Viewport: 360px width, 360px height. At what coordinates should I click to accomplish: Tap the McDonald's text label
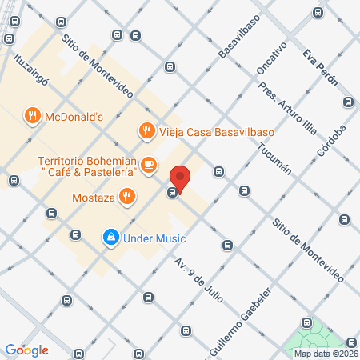[74, 116]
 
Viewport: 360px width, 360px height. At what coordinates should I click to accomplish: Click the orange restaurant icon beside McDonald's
[32, 116]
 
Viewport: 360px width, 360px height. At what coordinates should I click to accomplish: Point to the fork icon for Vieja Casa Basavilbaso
[146, 130]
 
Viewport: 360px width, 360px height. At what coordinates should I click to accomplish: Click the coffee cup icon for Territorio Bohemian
[148, 166]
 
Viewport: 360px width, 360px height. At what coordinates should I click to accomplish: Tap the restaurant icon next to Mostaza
[126, 195]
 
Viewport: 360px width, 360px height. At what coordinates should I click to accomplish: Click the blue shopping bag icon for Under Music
[110, 238]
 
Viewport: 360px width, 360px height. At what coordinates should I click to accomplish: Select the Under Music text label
[154, 238]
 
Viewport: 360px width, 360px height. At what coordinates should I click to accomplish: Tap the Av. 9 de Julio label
[198, 277]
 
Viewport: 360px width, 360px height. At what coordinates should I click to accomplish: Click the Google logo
[27, 350]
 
